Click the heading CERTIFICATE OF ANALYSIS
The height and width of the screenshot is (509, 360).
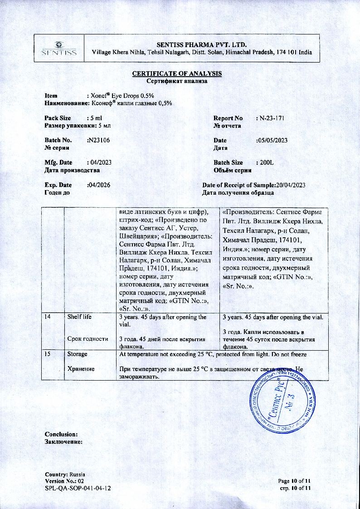(177, 73)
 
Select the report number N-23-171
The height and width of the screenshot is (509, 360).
(272, 118)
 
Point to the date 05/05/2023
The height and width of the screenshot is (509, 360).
(272, 140)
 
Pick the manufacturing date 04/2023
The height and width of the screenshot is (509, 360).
(100, 162)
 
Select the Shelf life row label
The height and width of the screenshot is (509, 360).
(79, 317)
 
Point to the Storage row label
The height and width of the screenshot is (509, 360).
(78, 353)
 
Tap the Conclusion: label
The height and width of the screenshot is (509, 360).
(61, 434)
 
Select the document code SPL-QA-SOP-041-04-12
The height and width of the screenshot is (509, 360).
(78, 488)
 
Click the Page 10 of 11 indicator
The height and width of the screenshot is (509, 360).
(294, 481)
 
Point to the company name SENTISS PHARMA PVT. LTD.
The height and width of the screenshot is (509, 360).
(201, 44)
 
